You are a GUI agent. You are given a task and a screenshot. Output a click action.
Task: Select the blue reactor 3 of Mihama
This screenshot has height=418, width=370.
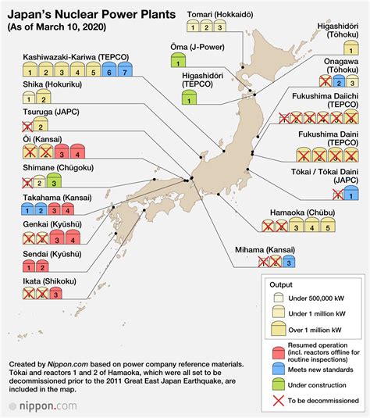[289, 261]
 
